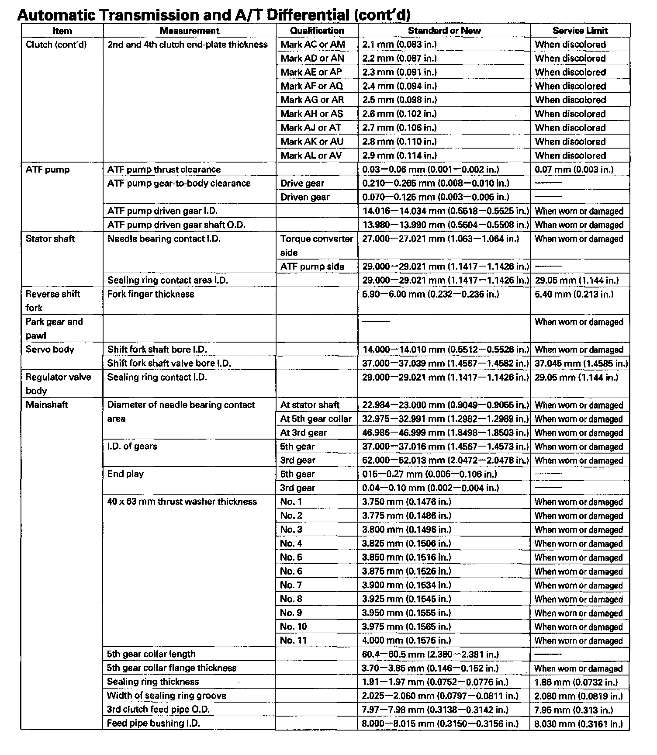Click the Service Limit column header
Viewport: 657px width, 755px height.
coord(580,31)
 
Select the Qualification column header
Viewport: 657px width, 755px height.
coord(317,31)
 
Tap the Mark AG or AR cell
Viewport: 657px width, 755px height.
coord(312,100)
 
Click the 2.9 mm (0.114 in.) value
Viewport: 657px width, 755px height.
coord(399,156)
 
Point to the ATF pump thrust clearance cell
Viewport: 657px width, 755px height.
coord(164,170)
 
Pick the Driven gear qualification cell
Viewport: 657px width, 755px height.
coord(304,197)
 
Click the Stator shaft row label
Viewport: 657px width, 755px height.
coord(50,239)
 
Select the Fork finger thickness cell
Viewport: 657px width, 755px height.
coord(150,294)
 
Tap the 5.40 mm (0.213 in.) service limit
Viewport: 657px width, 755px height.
coord(574,294)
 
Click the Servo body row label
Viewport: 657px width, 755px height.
coord(50,350)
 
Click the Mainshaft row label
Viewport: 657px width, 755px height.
coord(46,405)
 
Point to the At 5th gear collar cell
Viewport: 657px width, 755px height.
coord(315,419)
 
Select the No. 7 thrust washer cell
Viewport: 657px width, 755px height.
coord(291,585)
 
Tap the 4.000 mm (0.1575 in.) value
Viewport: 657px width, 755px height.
coord(406,641)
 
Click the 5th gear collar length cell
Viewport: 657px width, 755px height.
coord(151,654)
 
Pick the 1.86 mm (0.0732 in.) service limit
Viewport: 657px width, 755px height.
coord(576,682)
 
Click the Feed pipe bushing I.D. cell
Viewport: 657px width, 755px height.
coord(153,724)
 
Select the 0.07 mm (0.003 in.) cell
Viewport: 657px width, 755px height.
coord(574,170)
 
